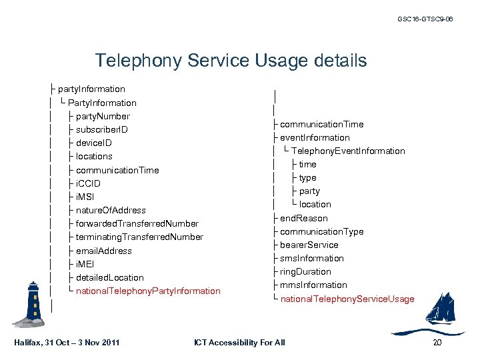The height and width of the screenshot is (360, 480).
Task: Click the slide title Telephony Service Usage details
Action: click(231, 61)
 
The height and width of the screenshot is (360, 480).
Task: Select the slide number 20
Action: click(437, 343)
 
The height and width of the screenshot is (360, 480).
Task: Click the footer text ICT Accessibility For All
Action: click(239, 343)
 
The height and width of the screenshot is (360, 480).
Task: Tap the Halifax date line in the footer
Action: click(67, 343)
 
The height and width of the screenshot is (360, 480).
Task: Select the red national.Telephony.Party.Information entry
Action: click(148, 291)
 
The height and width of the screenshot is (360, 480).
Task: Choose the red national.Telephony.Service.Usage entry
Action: click(347, 299)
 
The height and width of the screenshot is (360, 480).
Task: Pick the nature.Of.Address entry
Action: click(111, 210)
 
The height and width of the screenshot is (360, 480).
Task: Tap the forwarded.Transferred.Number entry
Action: click(137, 223)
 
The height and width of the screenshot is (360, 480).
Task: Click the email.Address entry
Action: click(103, 251)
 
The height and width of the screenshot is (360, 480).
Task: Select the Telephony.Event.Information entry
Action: click(347, 151)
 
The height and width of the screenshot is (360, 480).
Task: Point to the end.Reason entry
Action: click(303, 218)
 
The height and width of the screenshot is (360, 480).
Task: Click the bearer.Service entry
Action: click(309, 245)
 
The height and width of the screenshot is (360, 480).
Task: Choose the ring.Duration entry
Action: click(305, 271)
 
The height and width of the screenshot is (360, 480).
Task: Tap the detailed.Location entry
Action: click(109, 277)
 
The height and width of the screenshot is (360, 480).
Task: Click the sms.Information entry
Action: click(312, 258)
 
